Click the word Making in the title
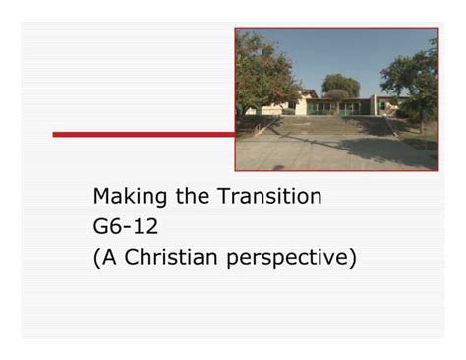coord(130,198)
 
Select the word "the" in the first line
coord(192,197)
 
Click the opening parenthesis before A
coord(96,260)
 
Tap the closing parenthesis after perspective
coord(351,260)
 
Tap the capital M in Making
coord(102,197)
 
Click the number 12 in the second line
coord(146,228)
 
